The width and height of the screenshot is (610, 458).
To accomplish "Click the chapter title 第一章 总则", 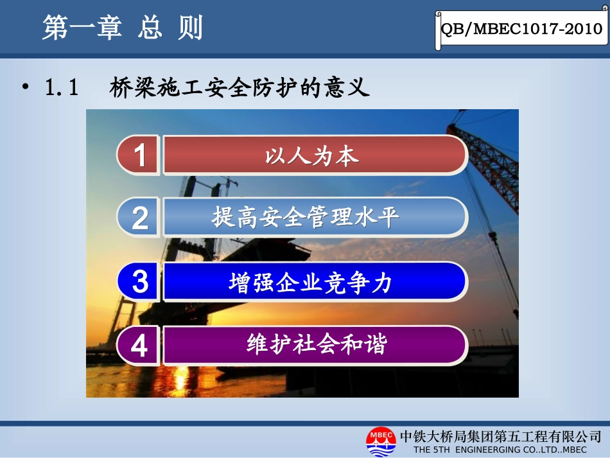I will click(x=122, y=28).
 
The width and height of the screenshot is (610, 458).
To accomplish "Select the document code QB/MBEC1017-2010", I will click(x=521, y=30).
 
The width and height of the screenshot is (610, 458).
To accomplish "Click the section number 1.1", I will click(x=62, y=88).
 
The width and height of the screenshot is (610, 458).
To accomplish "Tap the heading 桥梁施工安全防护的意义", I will click(x=240, y=87).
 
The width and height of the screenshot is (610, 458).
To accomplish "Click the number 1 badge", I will click(x=139, y=156).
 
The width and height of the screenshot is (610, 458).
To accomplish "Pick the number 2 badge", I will click(x=139, y=218).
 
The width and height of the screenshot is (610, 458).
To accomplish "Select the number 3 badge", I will click(x=139, y=282).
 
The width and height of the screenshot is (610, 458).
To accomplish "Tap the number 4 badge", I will click(x=139, y=346).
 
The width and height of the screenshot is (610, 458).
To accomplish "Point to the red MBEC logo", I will click(x=381, y=441).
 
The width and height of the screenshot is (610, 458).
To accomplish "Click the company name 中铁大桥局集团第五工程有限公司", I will click(x=500, y=435).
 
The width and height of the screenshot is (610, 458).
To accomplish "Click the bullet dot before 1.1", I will click(x=26, y=87).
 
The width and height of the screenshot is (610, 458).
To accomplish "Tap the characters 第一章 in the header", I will click(x=82, y=28).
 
